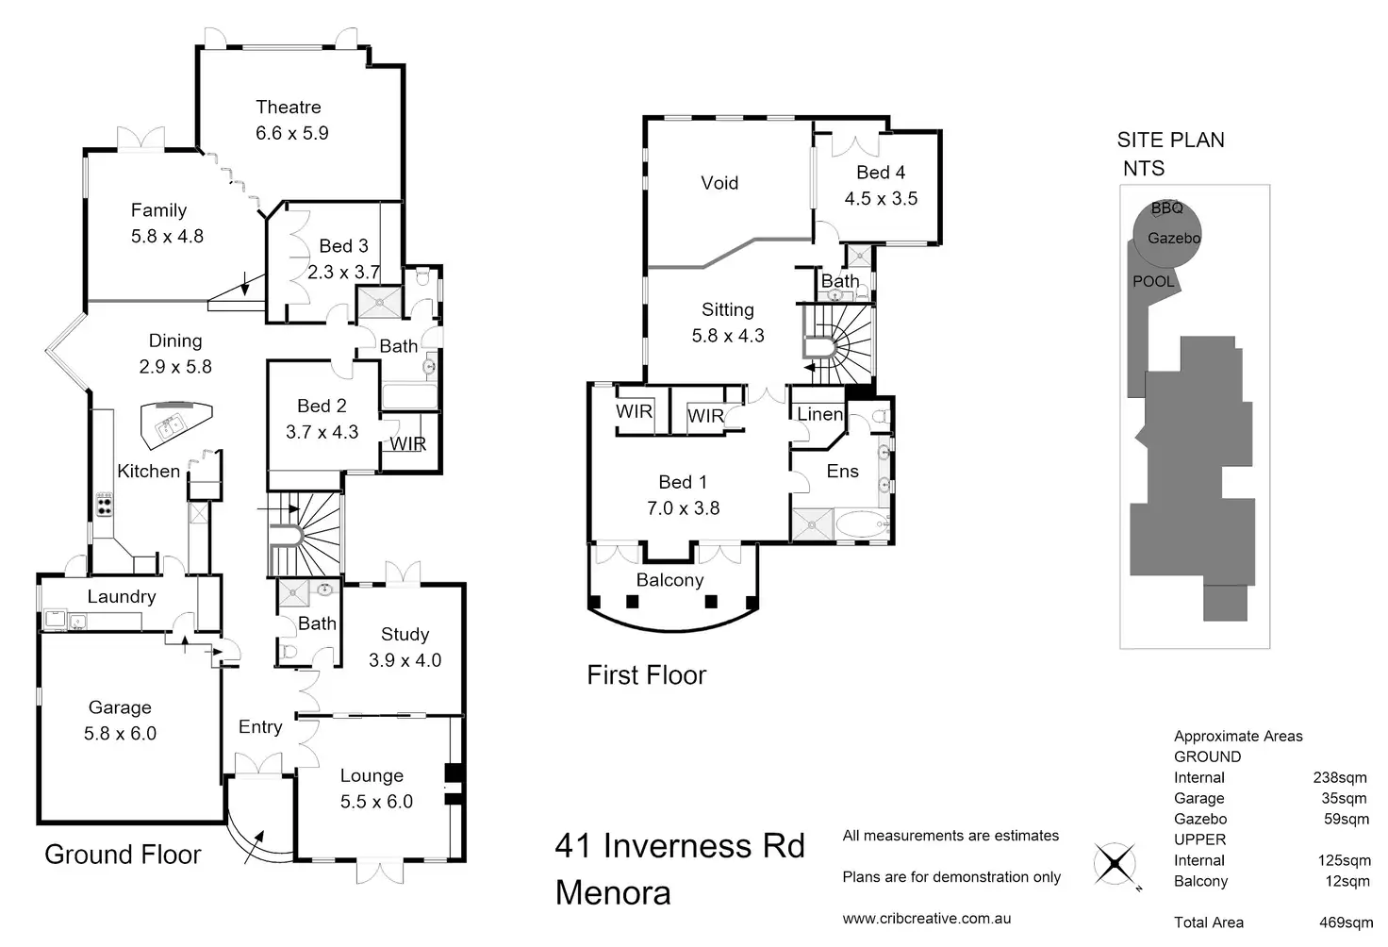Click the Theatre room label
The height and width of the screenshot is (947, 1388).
289,108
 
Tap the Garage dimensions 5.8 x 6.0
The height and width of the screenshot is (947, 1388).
120,733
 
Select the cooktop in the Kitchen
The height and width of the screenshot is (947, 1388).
104,505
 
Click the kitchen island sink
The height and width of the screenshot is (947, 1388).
169,425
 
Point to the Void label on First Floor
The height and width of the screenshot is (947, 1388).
719,183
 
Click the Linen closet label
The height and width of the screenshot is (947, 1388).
819,414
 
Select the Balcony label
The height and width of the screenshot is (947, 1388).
669,580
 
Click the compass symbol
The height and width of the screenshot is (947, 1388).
1115,863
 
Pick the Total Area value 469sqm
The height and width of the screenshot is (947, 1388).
1346,922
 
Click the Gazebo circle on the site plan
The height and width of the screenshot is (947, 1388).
1167,234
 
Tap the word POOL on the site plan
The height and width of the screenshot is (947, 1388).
1153,281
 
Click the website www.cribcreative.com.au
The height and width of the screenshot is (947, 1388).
926,919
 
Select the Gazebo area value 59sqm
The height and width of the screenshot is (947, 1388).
1347,819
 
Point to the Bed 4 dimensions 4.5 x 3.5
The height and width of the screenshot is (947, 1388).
881,198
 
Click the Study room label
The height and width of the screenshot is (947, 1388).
405,634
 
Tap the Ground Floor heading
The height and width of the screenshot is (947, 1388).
123,855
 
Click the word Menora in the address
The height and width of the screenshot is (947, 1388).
613,892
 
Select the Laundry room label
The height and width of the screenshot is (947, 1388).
122,596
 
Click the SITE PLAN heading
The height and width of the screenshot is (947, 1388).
1170,140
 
